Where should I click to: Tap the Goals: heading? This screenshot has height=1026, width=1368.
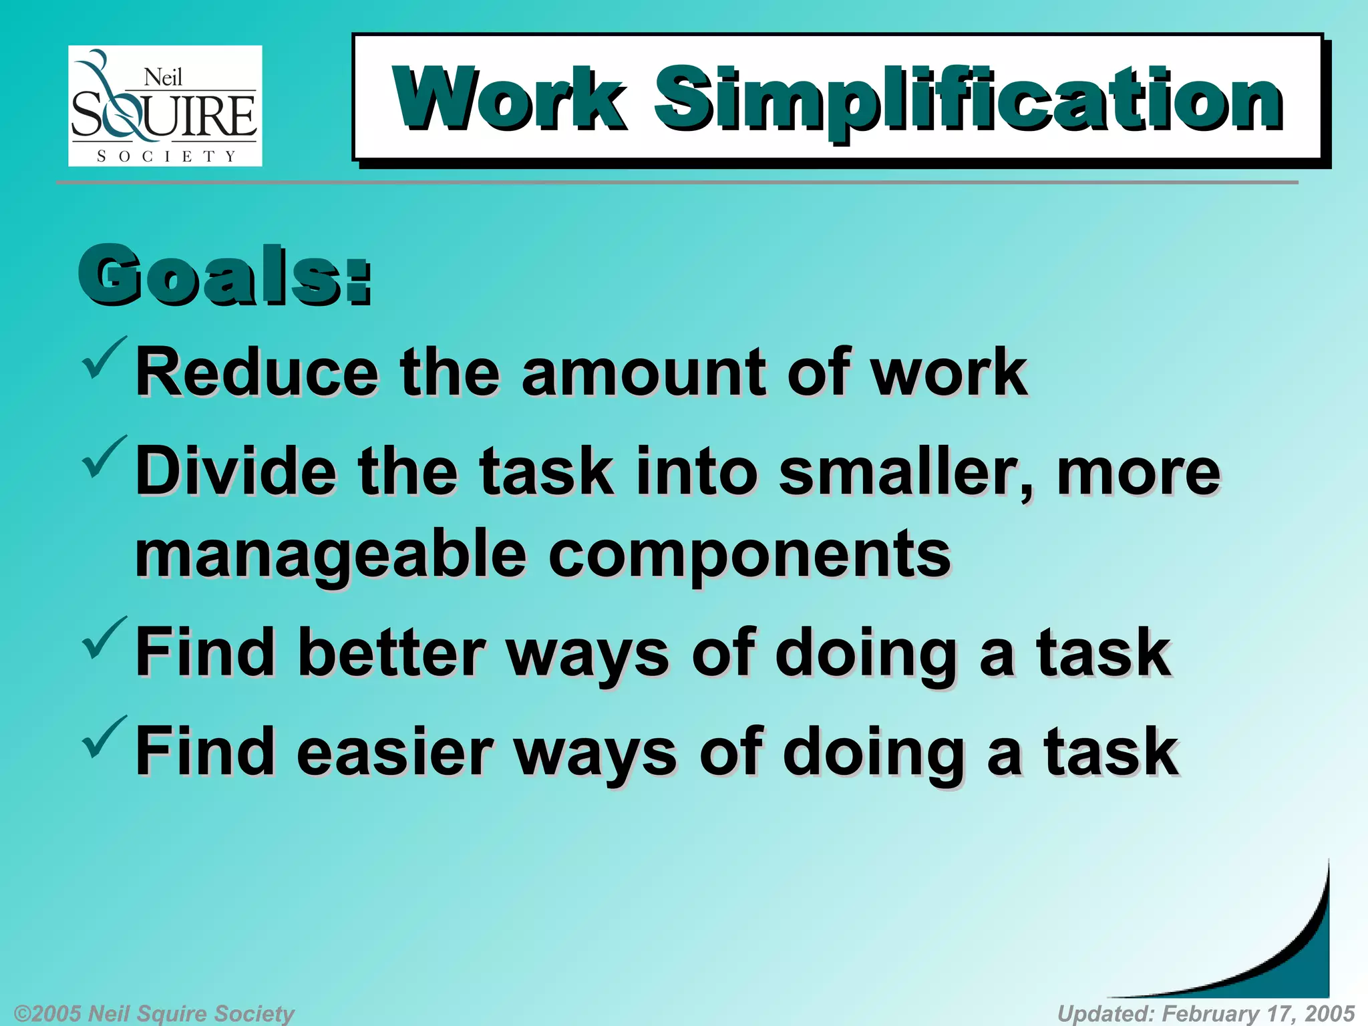pos(224,275)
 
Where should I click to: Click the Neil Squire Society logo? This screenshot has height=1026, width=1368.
pos(165,106)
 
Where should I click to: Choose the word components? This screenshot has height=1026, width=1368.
pos(749,554)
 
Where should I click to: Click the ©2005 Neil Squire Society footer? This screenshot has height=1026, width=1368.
pos(154,1013)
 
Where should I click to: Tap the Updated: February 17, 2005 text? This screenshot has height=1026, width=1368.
pos(1206,1013)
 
